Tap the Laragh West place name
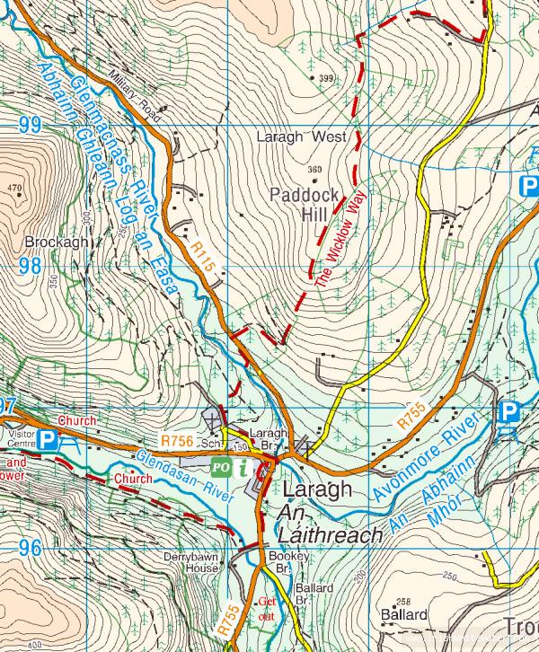click(300, 138)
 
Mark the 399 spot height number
click(325, 79)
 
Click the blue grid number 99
click(30, 125)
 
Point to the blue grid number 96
click(30, 547)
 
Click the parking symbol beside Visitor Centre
click(49, 439)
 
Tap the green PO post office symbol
click(220, 467)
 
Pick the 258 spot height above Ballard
click(403, 602)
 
